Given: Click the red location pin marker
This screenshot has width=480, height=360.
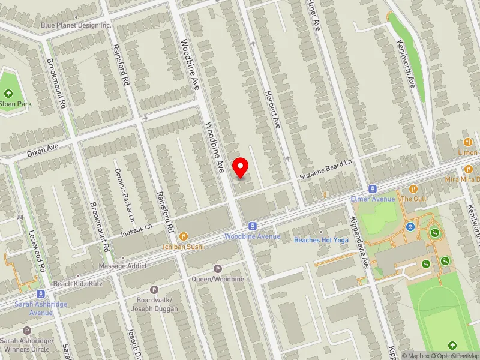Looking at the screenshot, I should (241, 166).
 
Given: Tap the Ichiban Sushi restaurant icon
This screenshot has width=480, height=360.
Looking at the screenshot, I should (184, 236).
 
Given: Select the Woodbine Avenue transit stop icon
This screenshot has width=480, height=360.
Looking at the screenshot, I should (253, 226).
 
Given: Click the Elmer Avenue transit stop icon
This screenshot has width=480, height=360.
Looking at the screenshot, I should (373, 188).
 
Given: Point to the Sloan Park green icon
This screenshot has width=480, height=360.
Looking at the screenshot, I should (8, 94).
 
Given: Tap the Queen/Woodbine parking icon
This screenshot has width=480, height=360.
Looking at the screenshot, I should (218, 269).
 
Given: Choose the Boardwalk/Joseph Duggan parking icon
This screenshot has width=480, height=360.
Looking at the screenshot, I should (154, 290).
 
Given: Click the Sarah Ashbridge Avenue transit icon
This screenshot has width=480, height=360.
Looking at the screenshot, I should (41, 294).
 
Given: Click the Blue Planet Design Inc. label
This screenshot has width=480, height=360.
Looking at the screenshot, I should (76, 25).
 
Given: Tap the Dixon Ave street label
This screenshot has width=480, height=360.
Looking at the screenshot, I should (43, 151).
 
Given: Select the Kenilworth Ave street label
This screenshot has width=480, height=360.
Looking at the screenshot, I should (406, 65).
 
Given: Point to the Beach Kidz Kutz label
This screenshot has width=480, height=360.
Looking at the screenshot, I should (78, 283).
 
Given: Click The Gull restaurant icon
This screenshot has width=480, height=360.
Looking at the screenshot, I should (413, 188).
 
